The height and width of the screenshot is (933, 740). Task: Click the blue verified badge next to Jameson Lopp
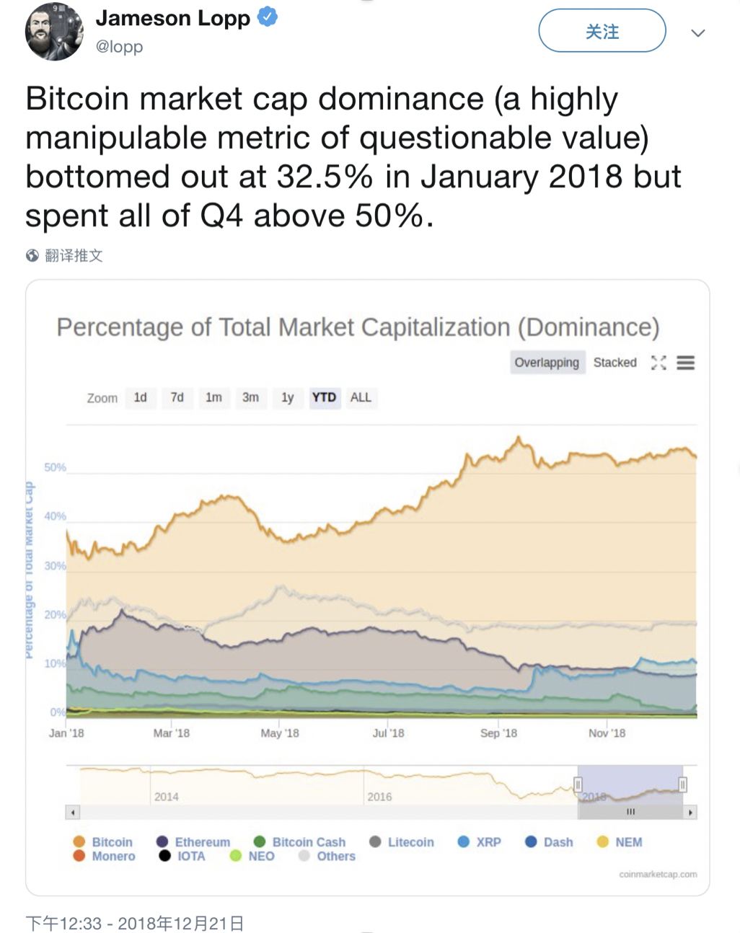[x=268, y=17]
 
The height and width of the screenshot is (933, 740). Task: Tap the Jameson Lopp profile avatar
[x=54, y=32]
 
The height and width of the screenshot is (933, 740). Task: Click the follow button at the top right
[x=602, y=31]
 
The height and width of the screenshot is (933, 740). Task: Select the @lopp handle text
[x=119, y=47]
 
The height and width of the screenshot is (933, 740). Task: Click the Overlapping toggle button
[x=547, y=362]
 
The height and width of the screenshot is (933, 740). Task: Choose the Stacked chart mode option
[x=615, y=362]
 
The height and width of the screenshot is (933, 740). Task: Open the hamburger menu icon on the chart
[x=685, y=363]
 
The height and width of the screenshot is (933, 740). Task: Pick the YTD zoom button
[x=324, y=397]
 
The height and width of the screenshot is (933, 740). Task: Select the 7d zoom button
[x=177, y=397]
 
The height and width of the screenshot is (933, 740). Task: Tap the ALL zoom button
[x=361, y=397]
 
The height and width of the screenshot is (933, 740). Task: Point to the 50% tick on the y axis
[x=55, y=467]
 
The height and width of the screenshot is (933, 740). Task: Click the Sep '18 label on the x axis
[x=498, y=733]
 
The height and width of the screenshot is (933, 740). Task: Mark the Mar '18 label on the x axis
[x=171, y=733]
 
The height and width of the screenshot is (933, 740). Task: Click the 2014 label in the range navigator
[x=166, y=797]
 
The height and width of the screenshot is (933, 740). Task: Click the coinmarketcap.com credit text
[x=658, y=875]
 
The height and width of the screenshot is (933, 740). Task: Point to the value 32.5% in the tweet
[x=325, y=177]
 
